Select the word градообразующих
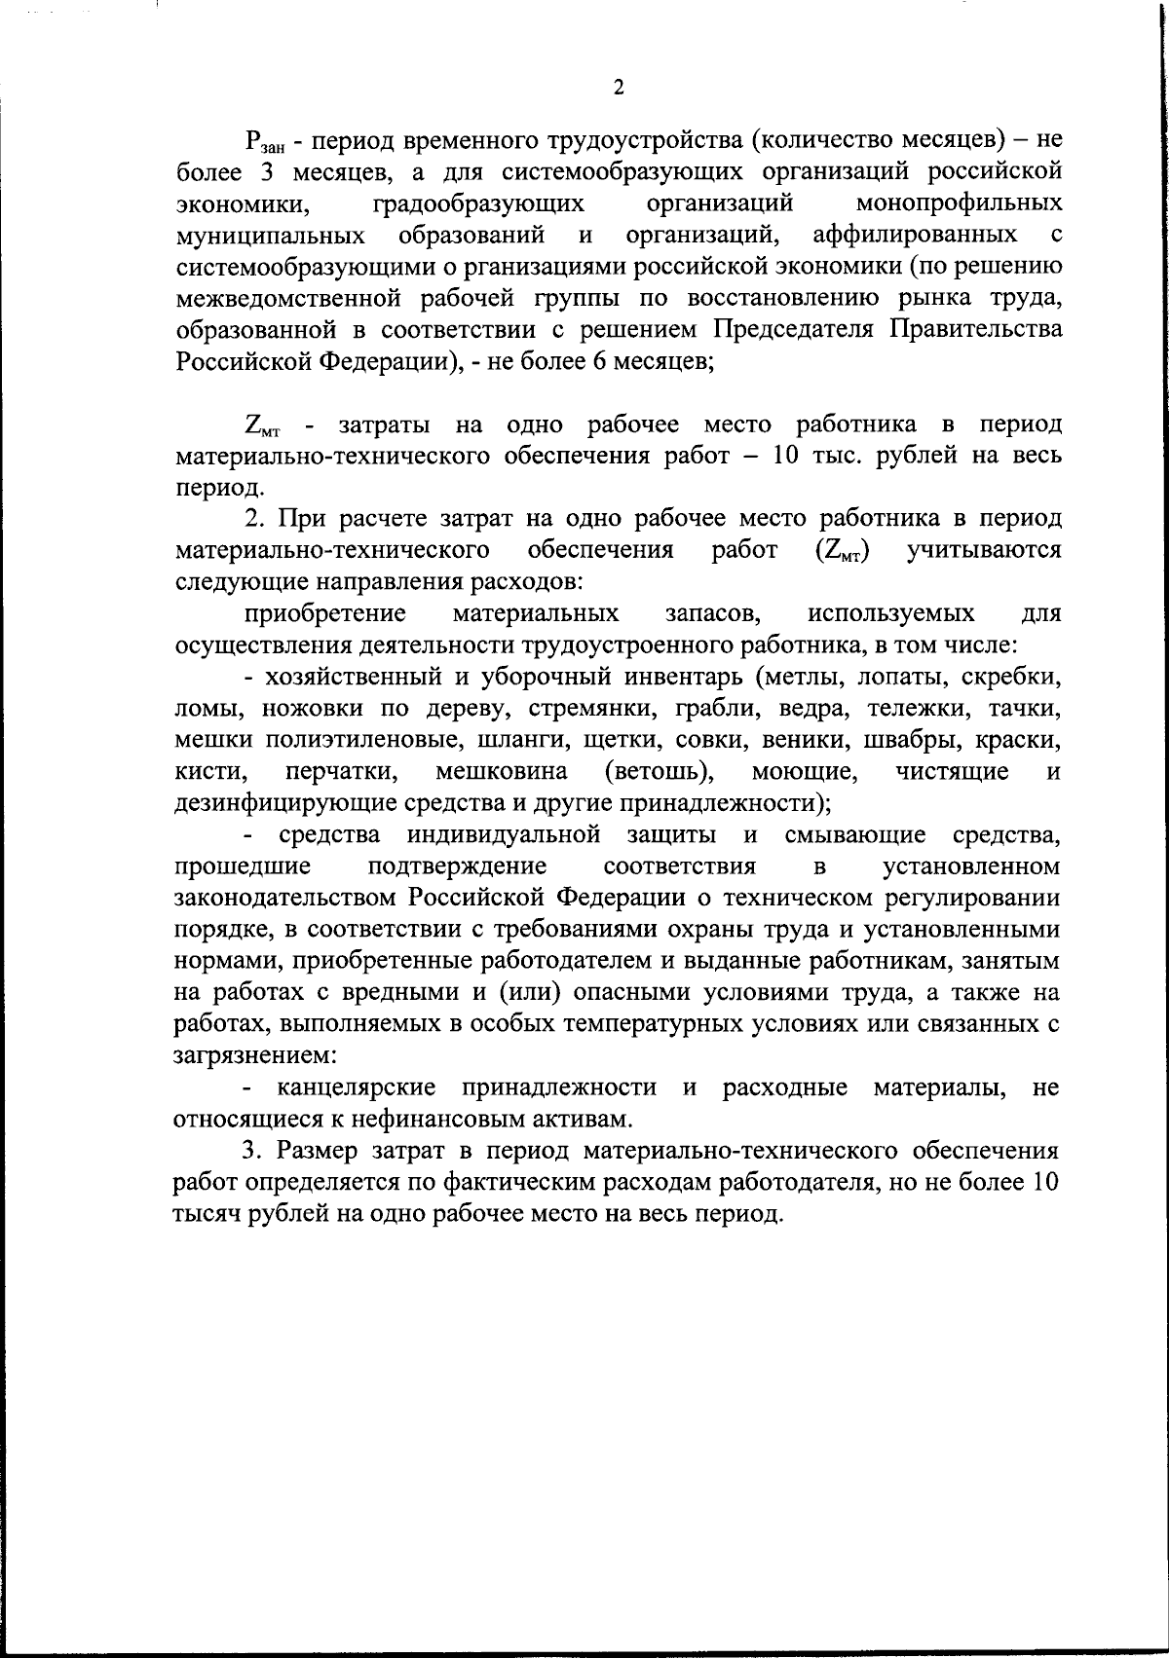coord(478,203)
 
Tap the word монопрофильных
coord(959,203)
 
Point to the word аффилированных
coord(915,235)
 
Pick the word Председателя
coord(798,329)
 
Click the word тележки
coord(920,708)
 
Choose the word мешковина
coord(501,771)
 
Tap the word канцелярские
coord(357,1087)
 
